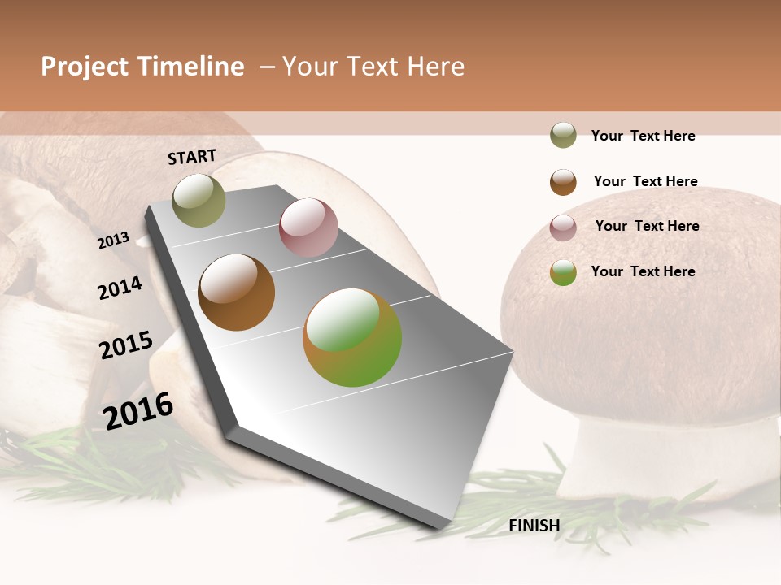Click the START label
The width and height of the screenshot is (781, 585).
pos(192,157)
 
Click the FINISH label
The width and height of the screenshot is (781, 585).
pos(534,526)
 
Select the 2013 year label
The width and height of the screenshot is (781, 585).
pos(113,240)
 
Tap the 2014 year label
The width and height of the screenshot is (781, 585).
pos(120,288)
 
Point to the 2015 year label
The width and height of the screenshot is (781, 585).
pos(126,345)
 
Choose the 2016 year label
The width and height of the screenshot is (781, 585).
pos(138,410)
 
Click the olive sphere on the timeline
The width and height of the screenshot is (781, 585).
pos(199,200)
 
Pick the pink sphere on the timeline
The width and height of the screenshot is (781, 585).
pos(308,227)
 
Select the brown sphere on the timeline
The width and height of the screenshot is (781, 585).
pos(237,292)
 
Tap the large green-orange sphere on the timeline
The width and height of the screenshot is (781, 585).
pos(352,337)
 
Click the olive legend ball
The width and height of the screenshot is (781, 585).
pos(563,135)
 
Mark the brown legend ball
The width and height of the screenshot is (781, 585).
pos(563,182)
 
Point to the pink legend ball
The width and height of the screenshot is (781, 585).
pos(563,227)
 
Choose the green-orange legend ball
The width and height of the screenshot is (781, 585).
pos(563,272)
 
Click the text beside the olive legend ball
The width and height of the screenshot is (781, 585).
pos(643,136)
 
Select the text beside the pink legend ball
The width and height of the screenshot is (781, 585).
pos(647,226)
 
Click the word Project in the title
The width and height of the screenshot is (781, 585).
pos(85,67)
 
